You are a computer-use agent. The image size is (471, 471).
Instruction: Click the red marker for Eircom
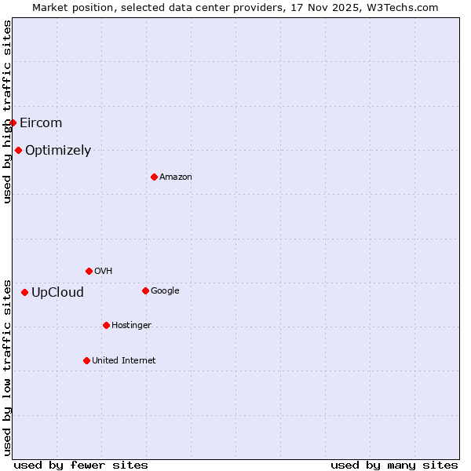(x=13, y=122)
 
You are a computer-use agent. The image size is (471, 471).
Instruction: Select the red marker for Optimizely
(x=18, y=150)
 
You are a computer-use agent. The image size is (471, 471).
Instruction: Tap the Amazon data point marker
(x=154, y=177)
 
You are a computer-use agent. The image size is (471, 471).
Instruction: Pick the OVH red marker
(x=89, y=271)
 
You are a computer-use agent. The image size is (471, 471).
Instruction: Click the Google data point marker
(x=145, y=290)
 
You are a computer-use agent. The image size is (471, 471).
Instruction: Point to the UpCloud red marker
(x=24, y=292)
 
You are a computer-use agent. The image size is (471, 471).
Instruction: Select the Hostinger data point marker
(x=106, y=325)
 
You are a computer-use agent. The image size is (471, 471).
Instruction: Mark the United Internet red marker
(x=86, y=360)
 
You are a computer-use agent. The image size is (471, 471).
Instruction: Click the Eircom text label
(x=41, y=122)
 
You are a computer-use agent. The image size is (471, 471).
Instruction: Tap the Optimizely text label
(x=58, y=150)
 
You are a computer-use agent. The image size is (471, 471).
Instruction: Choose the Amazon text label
(x=176, y=177)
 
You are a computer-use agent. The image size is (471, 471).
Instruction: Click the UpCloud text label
(x=57, y=293)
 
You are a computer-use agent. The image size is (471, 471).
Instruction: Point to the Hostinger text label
(x=131, y=325)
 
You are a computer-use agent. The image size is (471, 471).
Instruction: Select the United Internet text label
(x=124, y=360)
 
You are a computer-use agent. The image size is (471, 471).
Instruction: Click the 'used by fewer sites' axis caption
(x=81, y=465)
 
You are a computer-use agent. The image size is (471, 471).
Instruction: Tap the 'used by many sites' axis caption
(x=394, y=465)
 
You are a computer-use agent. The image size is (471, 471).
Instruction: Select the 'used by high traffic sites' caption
(x=8, y=111)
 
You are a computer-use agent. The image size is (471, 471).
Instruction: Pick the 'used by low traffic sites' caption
(x=8, y=366)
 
